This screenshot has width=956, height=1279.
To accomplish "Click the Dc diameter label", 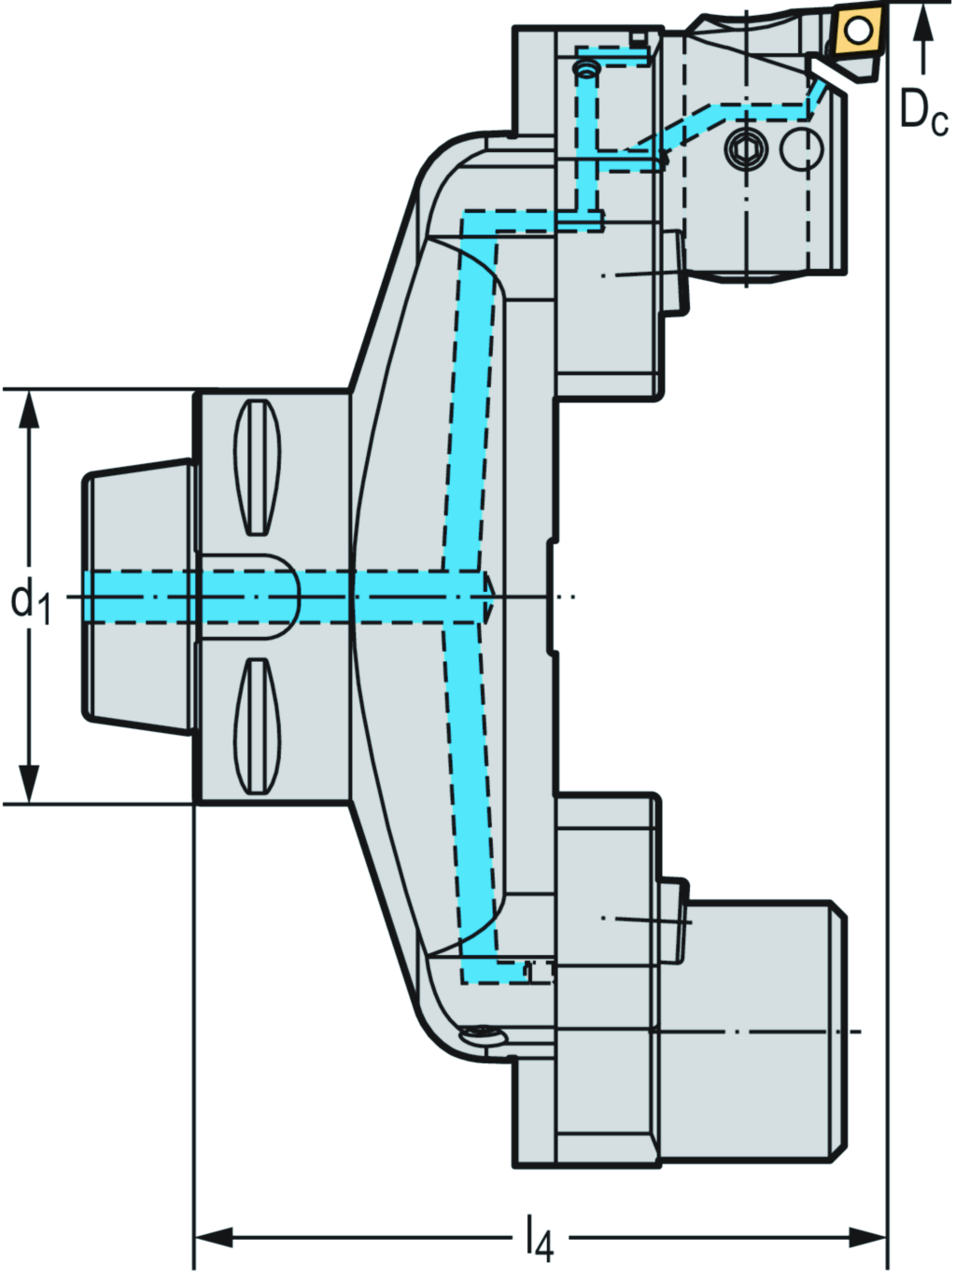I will [x=922, y=113].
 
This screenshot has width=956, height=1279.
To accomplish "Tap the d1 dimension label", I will [x=31, y=600].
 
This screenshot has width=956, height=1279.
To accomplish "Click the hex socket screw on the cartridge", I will [x=745, y=148].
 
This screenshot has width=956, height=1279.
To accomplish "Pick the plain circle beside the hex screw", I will [x=802, y=149].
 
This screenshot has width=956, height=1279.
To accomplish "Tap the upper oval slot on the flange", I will [x=257, y=468].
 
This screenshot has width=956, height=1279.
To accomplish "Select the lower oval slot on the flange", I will [x=257, y=726].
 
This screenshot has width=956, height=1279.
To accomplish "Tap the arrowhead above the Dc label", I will [x=923, y=22].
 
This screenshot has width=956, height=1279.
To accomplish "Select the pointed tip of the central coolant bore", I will [x=488, y=597].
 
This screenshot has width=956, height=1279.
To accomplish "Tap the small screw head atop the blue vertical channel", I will [x=586, y=70].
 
